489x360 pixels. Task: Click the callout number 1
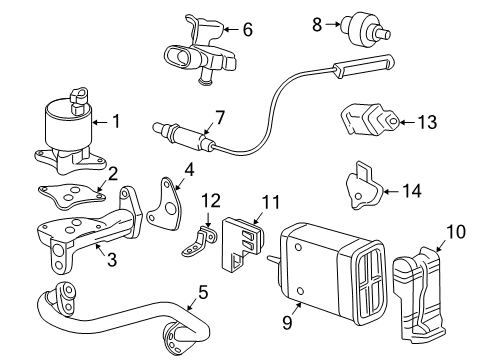(116, 123)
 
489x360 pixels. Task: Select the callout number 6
(247, 30)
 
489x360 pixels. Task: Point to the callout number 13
(428, 122)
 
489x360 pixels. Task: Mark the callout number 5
(204, 294)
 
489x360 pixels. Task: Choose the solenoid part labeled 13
(371, 122)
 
